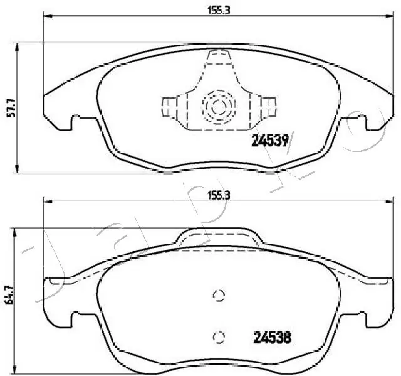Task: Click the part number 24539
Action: (x=269, y=141)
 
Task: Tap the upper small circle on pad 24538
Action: (x=217, y=296)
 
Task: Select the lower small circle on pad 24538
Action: (x=217, y=336)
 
